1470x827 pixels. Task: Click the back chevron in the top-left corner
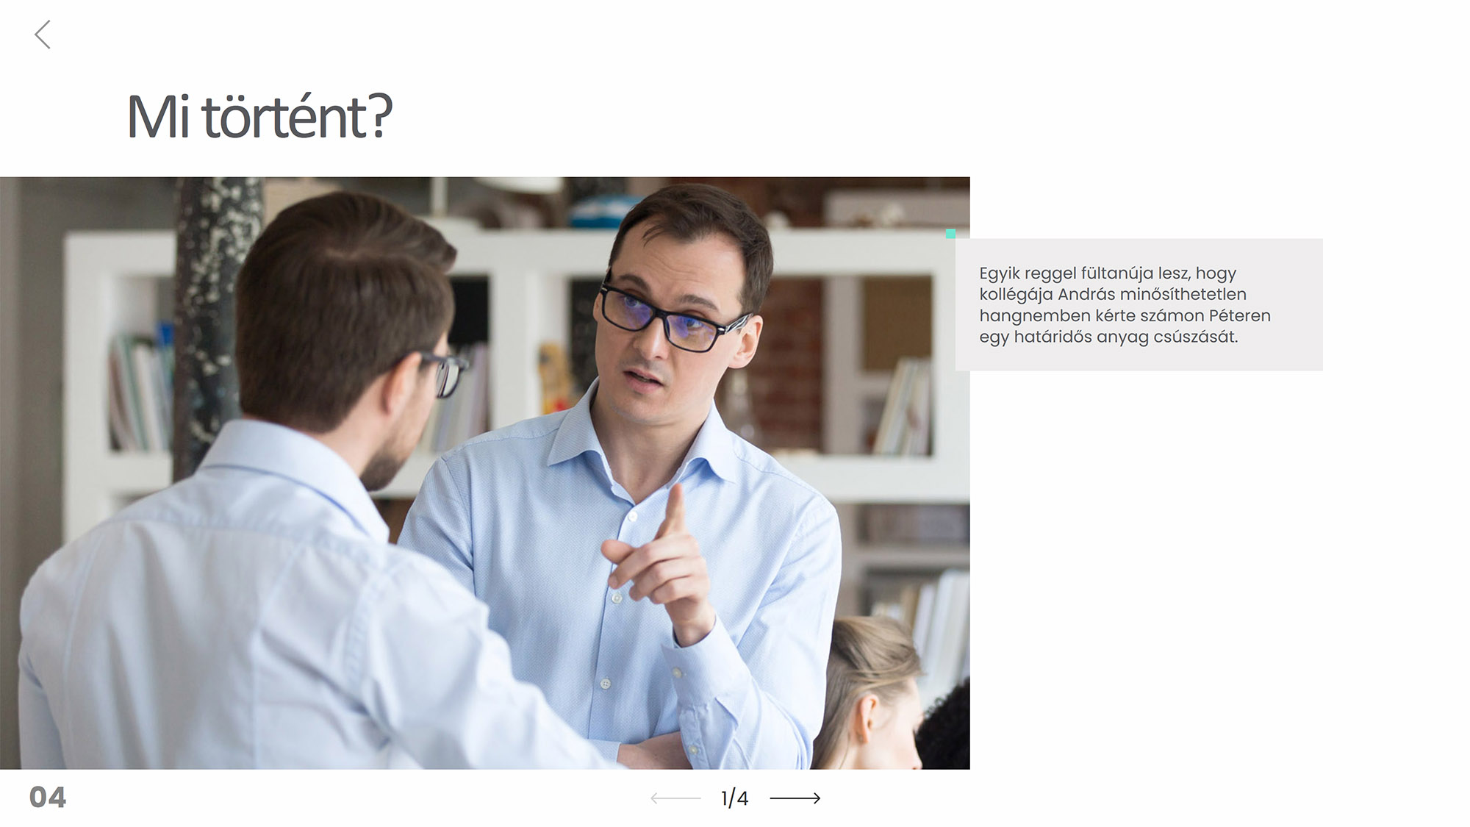(x=43, y=35)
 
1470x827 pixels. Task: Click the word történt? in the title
(x=297, y=115)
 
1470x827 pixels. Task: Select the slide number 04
(x=48, y=797)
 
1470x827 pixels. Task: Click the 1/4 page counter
(x=734, y=798)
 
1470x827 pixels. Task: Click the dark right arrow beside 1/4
(x=795, y=798)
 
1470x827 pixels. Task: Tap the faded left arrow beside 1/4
(x=675, y=798)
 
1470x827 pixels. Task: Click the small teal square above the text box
(x=950, y=234)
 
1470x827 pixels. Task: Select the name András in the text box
(x=1086, y=294)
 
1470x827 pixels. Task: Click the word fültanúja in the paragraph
(x=1116, y=273)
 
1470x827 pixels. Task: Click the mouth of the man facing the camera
(x=644, y=378)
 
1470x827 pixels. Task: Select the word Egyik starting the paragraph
(x=999, y=273)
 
